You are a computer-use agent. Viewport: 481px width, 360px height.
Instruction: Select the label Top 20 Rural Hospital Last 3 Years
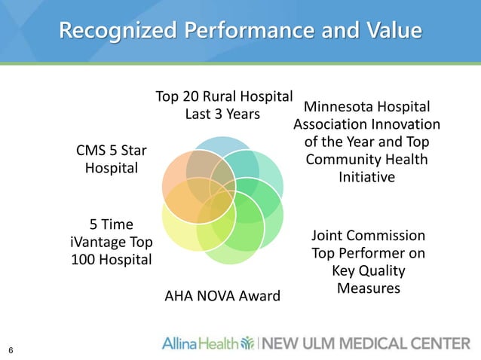pos(223,105)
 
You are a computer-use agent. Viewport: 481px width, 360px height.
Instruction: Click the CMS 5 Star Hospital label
pos(111,159)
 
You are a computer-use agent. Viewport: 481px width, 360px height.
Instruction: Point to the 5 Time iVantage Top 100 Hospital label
pos(111,242)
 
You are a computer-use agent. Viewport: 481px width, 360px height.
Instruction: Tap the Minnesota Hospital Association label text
pos(366,142)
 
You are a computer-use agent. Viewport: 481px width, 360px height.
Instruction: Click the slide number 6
pos(11,349)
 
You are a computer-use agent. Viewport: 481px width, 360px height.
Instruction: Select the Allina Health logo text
pos(199,343)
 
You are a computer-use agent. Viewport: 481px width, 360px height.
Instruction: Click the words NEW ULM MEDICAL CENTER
pos(369,343)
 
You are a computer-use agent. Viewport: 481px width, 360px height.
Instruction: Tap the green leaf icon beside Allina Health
pos(247,343)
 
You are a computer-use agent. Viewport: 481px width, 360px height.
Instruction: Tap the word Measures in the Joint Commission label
pos(368,288)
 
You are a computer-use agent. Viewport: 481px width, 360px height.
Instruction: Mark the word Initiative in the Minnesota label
pos(366,177)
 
